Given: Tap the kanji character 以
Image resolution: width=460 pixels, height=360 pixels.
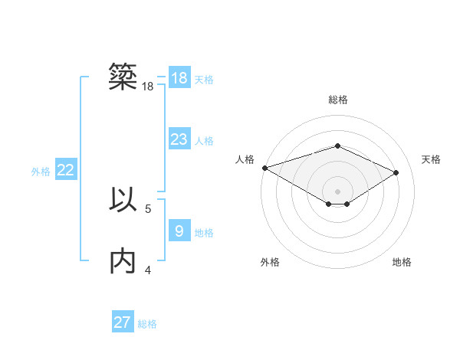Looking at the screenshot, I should point(123,199).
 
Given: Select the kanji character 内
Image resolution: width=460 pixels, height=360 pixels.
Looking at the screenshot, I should point(123,260).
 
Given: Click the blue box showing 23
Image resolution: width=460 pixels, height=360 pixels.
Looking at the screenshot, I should point(179,139).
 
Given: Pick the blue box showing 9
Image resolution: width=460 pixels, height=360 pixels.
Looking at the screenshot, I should point(179,231).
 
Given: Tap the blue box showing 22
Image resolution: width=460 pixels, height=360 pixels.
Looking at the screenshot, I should point(65,171).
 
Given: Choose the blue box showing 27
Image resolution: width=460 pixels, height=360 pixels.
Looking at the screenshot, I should point(122,322).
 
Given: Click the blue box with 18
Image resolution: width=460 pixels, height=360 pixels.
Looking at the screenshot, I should point(179,78).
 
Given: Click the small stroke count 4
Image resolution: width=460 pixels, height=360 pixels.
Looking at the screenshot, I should point(148,270).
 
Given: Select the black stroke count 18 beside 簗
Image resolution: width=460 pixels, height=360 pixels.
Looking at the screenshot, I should point(148,87).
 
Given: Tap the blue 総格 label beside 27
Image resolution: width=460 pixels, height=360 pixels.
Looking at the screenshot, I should point(147,324).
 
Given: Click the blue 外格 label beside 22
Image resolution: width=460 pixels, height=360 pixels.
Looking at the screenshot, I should point(41,172).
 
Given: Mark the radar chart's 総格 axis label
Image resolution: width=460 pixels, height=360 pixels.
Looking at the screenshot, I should point(337,100).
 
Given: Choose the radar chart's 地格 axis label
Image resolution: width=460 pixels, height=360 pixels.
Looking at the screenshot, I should point(402,262).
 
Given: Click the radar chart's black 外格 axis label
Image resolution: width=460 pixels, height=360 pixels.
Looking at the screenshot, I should point(270,262).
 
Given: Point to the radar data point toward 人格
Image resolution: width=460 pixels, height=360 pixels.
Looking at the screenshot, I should point(264,167).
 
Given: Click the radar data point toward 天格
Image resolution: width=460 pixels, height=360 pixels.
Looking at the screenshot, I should point(396,173).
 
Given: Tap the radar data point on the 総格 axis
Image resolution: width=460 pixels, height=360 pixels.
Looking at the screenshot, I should point(337,146).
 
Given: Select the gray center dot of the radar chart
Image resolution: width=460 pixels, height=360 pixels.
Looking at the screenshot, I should point(337,191).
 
